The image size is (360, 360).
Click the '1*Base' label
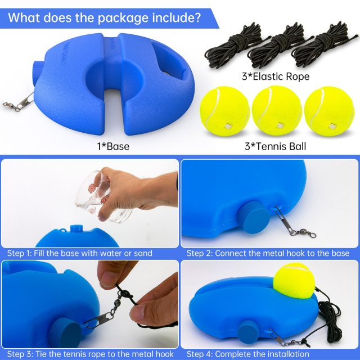click(113, 146)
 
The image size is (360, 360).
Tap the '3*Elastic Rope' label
click(276, 76)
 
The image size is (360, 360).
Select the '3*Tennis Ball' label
click(275, 146)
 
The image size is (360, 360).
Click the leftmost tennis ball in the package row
click(224, 111)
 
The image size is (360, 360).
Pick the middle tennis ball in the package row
click(277, 111)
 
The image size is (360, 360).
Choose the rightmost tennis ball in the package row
click(329, 111)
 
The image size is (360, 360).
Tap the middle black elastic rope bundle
click(279, 46)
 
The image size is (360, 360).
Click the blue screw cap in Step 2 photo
click(254, 217)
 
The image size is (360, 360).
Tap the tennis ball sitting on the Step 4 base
click(294, 281)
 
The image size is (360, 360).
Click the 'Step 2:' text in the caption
click(200, 253)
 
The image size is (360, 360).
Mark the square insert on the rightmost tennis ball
click(332, 126)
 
